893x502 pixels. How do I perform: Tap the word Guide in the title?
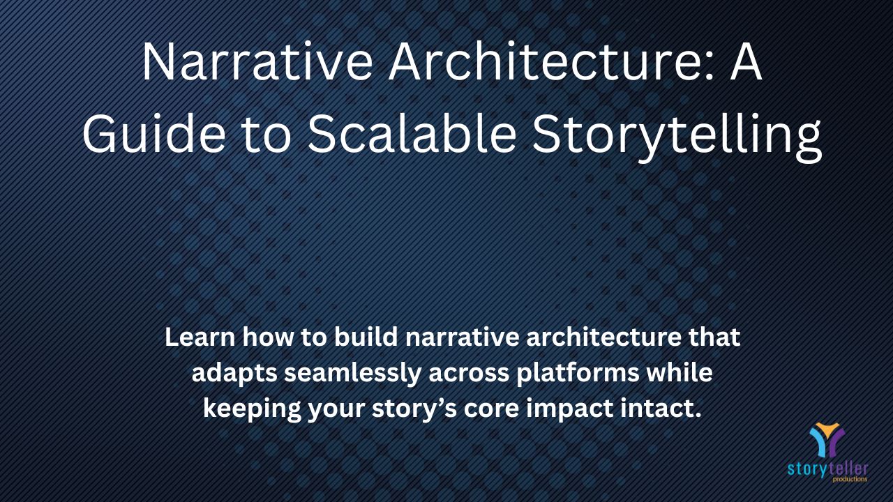pos(153,132)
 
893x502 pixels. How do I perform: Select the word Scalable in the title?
pos(412,132)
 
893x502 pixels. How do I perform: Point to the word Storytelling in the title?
pos(677,137)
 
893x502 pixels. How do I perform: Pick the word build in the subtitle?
pos(366,337)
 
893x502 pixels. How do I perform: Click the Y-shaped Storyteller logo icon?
pos(827,440)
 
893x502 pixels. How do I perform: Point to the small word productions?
pos(850,479)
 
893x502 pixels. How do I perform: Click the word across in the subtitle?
pos(468,373)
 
